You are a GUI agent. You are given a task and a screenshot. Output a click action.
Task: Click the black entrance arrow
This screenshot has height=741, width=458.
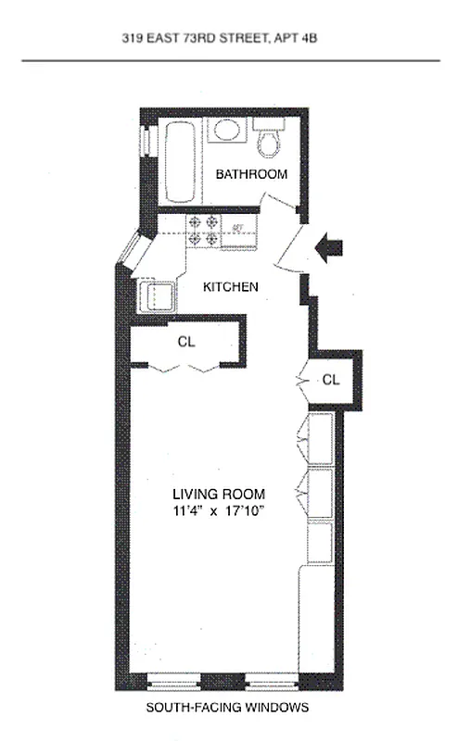click(x=329, y=247)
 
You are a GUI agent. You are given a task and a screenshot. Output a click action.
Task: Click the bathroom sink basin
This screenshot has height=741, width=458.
click(x=225, y=131)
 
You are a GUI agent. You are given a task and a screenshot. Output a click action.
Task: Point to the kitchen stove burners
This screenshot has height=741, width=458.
click(x=204, y=231)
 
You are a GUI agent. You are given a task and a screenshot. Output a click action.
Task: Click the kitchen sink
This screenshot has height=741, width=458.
click(x=154, y=298)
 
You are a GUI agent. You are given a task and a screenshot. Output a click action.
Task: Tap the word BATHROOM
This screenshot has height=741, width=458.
click(x=251, y=174)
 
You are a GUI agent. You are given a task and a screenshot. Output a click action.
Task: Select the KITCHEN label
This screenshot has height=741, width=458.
click(x=231, y=287)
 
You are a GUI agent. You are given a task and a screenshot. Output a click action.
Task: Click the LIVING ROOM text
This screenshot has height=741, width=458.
click(x=219, y=494)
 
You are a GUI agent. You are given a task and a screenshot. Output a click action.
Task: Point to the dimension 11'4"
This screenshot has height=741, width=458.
click(x=186, y=510)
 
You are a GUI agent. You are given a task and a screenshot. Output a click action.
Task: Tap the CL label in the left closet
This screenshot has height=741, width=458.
click(x=186, y=342)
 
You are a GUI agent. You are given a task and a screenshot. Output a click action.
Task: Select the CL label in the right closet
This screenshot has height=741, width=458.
click(x=332, y=380)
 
